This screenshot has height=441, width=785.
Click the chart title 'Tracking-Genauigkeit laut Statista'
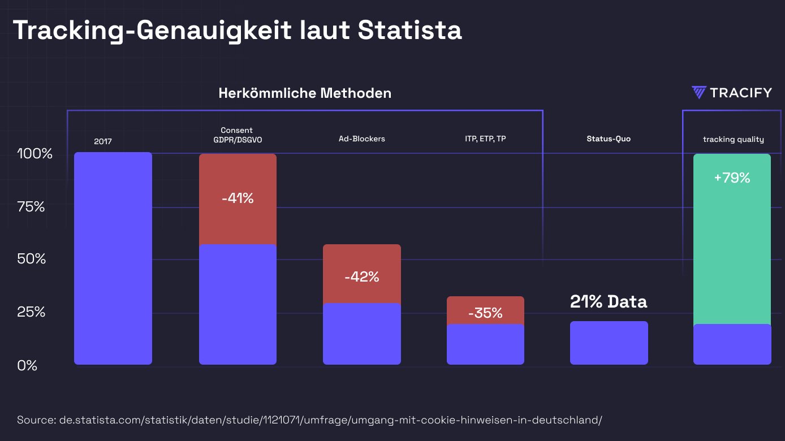pyautogui.click(x=237, y=31)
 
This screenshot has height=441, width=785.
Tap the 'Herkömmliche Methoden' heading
pyautogui.click(x=305, y=93)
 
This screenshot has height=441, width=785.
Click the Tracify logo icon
pyautogui.click(x=699, y=93)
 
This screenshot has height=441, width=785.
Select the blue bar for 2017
pyautogui.click(x=113, y=258)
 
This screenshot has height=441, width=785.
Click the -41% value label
pyautogui.click(x=238, y=198)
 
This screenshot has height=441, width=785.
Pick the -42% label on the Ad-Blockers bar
pyautogui.click(x=361, y=277)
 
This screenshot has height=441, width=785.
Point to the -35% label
pyautogui.click(x=485, y=313)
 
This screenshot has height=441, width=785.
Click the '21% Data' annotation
pyautogui.click(x=609, y=302)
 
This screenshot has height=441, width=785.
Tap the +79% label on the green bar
pyautogui.click(x=732, y=178)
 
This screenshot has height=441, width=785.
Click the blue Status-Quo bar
pyautogui.click(x=609, y=343)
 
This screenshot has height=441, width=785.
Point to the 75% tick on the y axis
pyautogui.click(x=31, y=207)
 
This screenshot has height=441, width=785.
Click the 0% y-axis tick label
pyautogui.click(x=27, y=366)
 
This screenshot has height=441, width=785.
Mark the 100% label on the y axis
pyautogui.click(x=34, y=154)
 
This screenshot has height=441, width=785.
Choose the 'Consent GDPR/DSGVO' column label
pyautogui.click(x=237, y=135)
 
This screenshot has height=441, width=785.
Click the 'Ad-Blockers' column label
pyautogui.click(x=361, y=139)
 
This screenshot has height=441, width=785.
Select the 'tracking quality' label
pyautogui.click(x=733, y=139)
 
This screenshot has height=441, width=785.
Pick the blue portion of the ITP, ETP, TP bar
pyautogui.click(x=485, y=344)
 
